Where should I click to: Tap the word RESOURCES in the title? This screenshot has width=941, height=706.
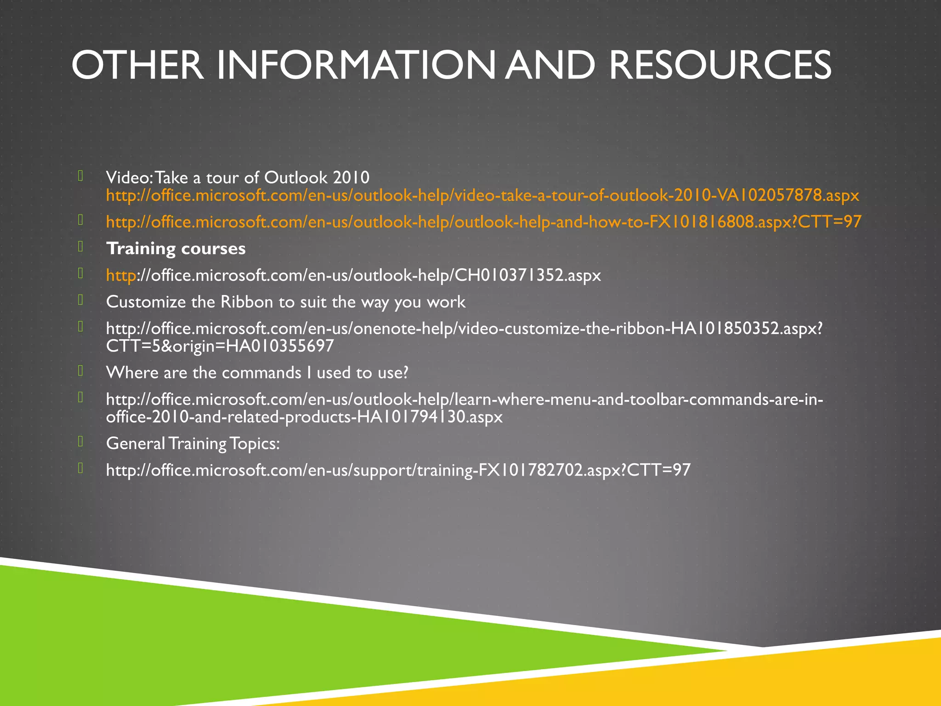coord(720,65)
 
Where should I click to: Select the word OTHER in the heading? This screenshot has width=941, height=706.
coord(137,65)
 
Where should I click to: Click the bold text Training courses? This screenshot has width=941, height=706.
coord(176,249)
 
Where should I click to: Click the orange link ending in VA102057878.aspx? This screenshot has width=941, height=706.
coord(482,196)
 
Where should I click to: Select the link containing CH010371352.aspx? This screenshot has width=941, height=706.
coord(353,275)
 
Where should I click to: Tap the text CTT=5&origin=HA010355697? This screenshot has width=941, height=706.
coord(220,346)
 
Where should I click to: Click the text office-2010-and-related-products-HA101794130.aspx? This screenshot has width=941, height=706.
coord(304,417)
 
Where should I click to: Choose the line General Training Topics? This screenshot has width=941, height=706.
coord(193,444)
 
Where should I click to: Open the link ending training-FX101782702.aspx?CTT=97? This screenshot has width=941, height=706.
coord(398,470)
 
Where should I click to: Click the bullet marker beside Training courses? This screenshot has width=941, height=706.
coord(80,247)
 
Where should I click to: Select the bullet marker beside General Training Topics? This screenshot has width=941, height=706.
coord(80,442)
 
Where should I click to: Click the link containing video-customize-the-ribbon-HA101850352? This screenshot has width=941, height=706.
coord(464,329)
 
